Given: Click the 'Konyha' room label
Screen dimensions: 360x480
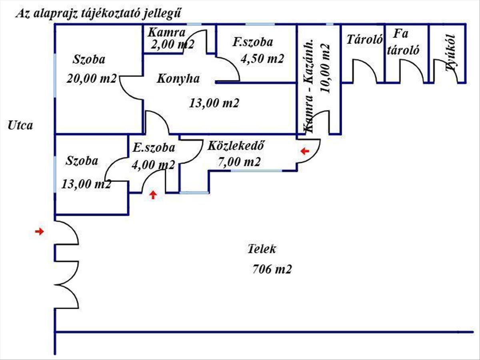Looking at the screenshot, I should pyautogui.click(x=178, y=79).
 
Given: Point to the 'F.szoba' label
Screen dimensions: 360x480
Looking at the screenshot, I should pyautogui.click(x=253, y=42).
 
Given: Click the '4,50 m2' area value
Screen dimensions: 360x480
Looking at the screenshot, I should pyautogui.click(x=262, y=59).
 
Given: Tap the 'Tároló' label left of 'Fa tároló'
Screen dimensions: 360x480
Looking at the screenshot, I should pyautogui.click(x=365, y=40).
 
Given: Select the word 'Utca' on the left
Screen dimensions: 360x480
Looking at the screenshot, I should pyautogui.click(x=20, y=125).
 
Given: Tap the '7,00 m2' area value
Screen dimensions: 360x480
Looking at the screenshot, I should pyautogui.click(x=239, y=162).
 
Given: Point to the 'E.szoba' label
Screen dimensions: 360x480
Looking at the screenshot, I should pyautogui.click(x=154, y=148).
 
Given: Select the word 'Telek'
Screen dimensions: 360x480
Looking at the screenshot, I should pyautogui.click(x=262, y=249).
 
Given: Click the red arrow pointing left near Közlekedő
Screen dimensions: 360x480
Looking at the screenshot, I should pyautogui.click(x=305, y=151).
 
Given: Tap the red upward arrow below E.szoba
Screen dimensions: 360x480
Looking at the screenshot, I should pyautogui.click(x=153, y=195).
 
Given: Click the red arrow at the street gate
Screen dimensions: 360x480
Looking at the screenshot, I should pyautogui.click(x=39, y=232).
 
